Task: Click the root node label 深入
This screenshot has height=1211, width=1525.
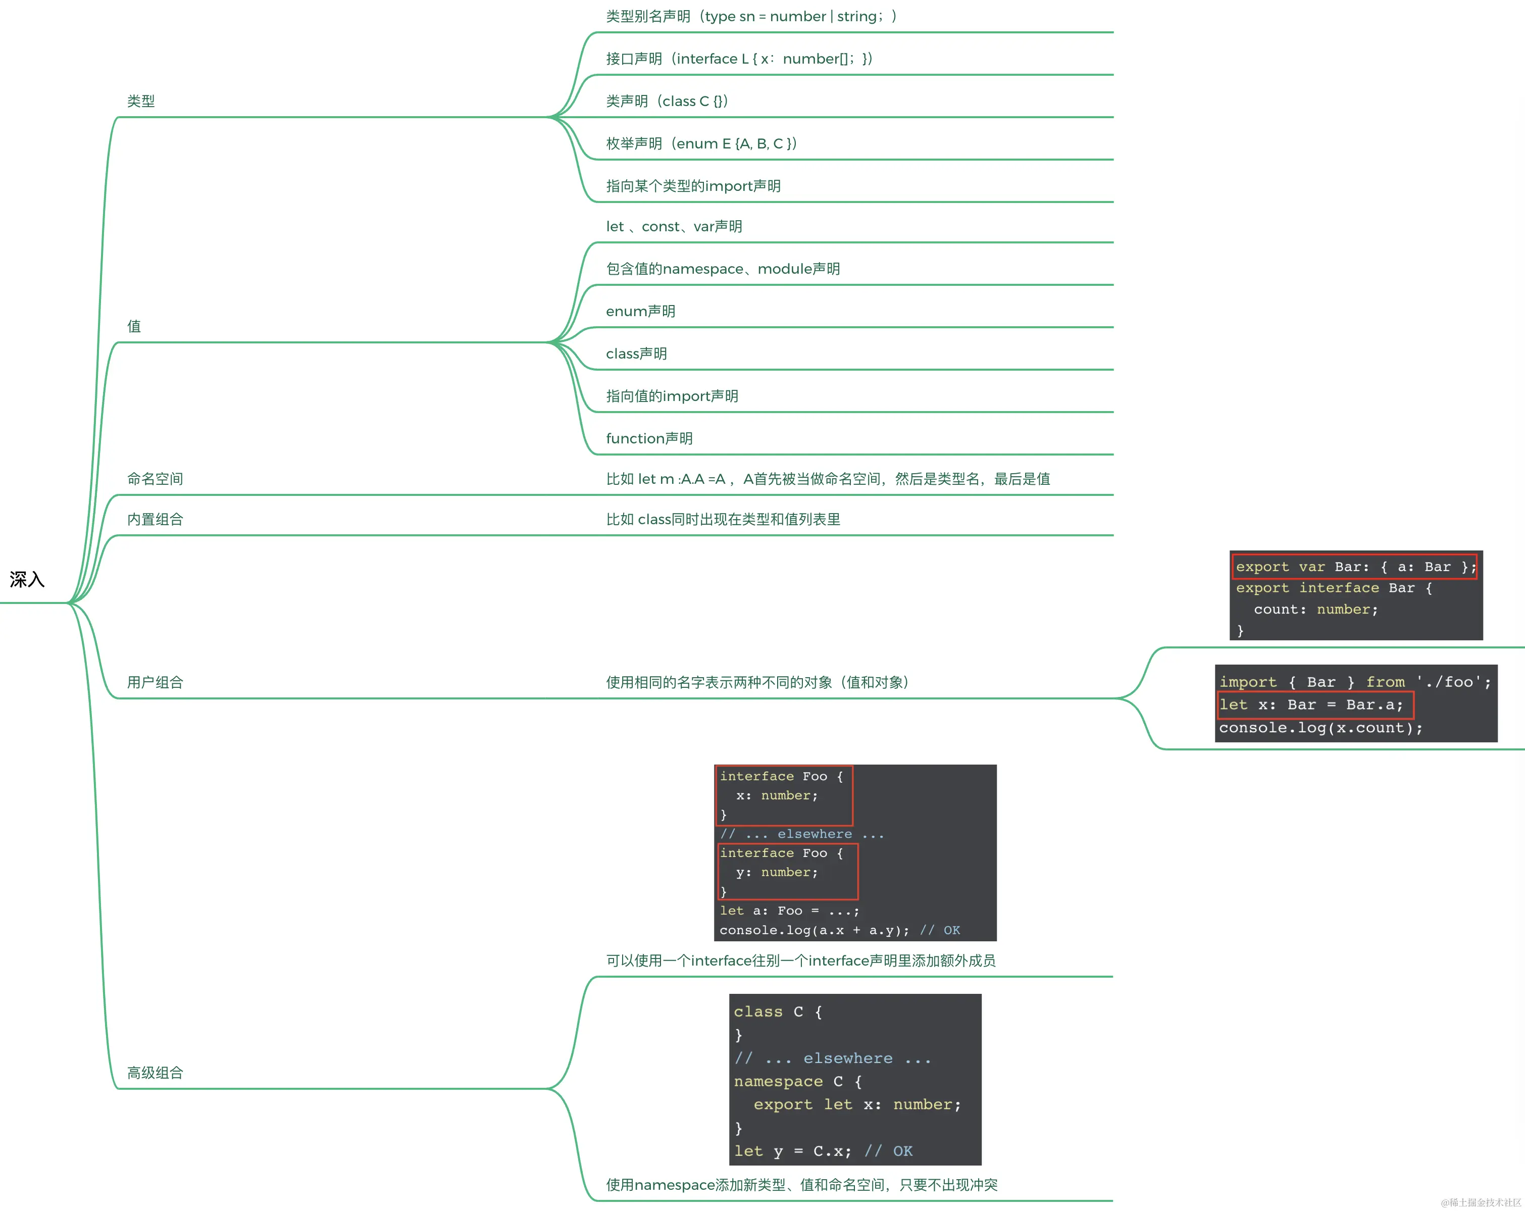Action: click(x=27, y=579)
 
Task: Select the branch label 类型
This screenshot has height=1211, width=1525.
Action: click(x=141, y=101)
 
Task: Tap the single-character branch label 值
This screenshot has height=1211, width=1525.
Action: click(x=134, y=326)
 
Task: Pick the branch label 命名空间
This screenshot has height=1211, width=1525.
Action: click(x=155, y=479)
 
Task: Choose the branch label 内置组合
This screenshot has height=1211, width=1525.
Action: click(x=155, y=519)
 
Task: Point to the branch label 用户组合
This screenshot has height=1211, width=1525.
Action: click(x=155, y=682)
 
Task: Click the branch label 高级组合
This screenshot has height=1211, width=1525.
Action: click(x=155, y=1072)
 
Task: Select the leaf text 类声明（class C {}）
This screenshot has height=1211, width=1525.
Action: click(x=666, y=101)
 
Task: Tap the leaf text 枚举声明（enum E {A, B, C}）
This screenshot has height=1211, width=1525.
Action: click(x=701, y=143)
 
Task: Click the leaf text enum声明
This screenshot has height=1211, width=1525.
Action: click(x=640, y=311)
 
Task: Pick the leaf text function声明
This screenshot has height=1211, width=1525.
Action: click(x=648, y=438)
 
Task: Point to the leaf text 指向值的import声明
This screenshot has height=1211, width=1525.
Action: click(x=671, y=396)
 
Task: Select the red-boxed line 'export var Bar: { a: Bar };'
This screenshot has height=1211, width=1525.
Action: click(x=1354, y=567)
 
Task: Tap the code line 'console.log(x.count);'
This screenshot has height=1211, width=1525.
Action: click(x=1320, y=728)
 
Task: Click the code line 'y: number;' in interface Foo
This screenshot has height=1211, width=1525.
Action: click(x=776, y=872)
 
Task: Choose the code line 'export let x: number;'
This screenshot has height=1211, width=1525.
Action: click(x=856, y=1104)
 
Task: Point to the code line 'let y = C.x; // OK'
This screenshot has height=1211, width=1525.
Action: click(x=823, y=1151)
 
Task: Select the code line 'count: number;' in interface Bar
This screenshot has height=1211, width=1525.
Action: click(x=1315, y=609)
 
